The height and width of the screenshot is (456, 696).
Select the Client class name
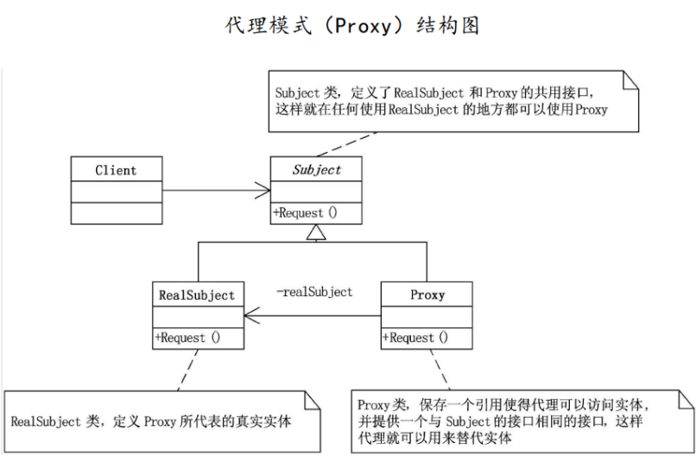point(115,170)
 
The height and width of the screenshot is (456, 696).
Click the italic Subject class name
point(316,170)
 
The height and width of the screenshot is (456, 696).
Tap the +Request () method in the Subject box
point(306,212)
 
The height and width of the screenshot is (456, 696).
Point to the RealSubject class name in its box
point(196,295)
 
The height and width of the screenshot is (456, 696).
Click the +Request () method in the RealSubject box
point(187,338)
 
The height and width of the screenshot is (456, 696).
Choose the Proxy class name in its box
point(427,295)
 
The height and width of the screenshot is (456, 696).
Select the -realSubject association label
point(313,292)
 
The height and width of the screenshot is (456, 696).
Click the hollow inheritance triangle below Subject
point(317,231)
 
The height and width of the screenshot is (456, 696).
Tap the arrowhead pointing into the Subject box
point(263,190)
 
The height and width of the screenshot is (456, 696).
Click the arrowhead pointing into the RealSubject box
point(250,317)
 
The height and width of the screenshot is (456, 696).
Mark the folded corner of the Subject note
point(632,80)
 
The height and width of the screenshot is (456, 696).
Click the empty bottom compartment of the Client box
point(115,213)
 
